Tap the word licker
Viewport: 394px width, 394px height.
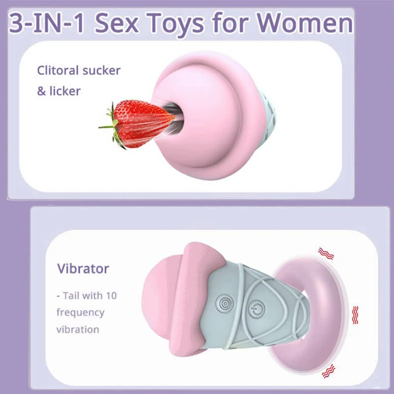[x=65, y=91]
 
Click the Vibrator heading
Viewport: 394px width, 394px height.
[x=83, y=268]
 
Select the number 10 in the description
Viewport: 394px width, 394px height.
[x=111, y=296]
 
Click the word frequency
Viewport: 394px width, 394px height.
[x=80, y=313]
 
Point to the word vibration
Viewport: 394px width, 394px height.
[x=78, y=329]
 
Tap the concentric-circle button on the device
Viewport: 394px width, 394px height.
[x=226, y=304]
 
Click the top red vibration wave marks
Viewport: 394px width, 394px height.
[x=326, y=254]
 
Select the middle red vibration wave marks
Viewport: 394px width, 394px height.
[x=355, y=315]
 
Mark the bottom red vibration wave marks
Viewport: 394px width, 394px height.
[x=328, y=371]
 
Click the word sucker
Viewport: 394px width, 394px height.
[x=101, y=70]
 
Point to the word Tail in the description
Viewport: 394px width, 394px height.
[x=71, y=296]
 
